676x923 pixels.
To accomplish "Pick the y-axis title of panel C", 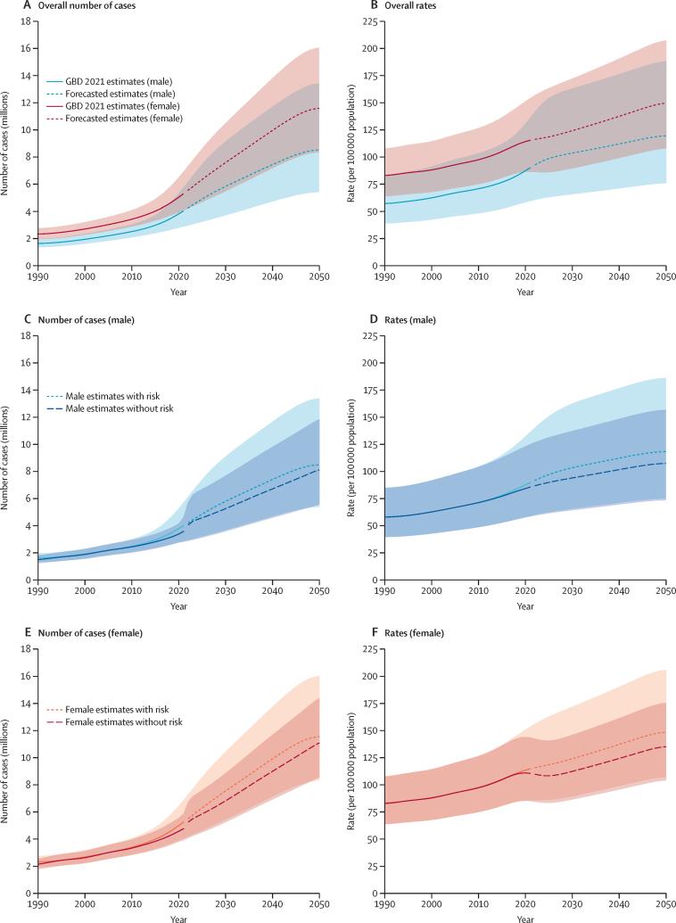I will [7, 457].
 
